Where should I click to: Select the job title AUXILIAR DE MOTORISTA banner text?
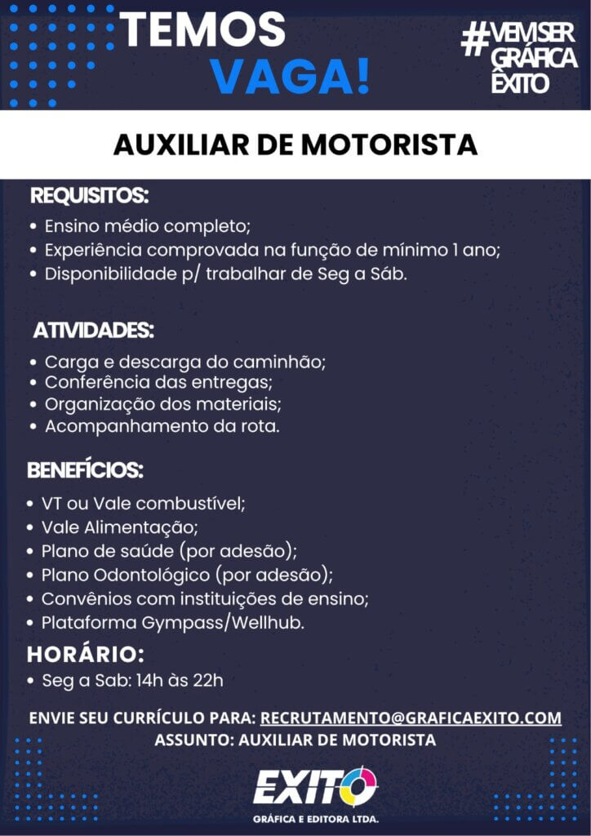(295, 145)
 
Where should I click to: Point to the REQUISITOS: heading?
(90, 196)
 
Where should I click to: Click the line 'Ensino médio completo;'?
(147, 225)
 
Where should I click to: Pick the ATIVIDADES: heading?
(94, 331)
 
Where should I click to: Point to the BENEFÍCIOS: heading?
(86, 471)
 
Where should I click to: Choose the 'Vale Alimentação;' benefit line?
(120, 527)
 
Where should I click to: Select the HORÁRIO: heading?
(86, 654)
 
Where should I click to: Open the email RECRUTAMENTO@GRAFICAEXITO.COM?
(411, 718)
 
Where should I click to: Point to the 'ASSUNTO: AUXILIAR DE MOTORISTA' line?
(295, 740)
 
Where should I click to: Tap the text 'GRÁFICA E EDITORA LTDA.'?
(316, 818)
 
